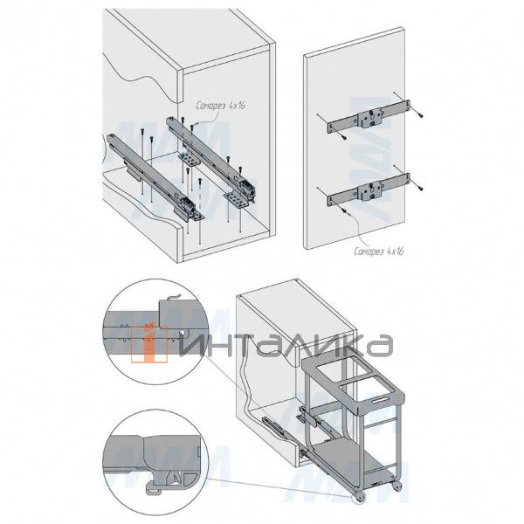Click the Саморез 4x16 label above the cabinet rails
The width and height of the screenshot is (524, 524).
(x=221, y=106)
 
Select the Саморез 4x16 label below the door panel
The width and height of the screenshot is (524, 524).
(x=379, y=251)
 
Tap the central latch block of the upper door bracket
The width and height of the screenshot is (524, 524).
(x=369, y=118)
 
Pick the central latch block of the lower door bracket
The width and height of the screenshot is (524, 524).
(x=369, y=191)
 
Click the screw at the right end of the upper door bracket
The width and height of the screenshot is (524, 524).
(x=420, y=115)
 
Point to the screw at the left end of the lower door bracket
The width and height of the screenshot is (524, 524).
(x=344, y=210)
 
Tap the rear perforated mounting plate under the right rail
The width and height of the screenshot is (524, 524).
(x=189, y=160)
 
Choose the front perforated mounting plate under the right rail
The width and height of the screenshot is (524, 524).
(x=238, y=199)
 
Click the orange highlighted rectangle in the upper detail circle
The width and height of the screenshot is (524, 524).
(x=149, y=345)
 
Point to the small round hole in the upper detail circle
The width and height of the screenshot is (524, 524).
(x=183, y=334)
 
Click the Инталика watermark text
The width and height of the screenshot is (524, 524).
(x=286, y=345)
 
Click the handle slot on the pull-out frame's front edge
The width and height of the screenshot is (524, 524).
(x=379, y=400)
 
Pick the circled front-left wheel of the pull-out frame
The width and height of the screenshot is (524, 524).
(x=360, y=498)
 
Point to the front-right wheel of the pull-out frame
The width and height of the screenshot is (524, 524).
(x=397, y=486)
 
